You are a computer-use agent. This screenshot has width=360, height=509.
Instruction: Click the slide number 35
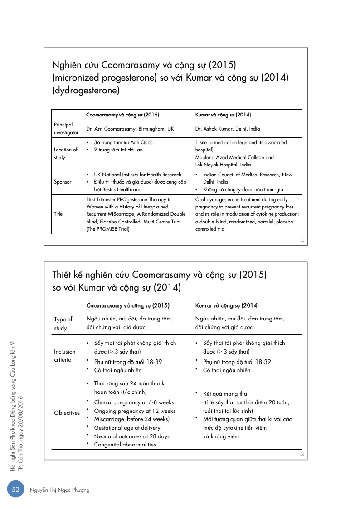point(302,240)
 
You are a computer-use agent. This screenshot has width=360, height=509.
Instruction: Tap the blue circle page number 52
point(15,490)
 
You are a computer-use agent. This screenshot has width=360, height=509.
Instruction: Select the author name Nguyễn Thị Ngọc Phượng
point(59,490)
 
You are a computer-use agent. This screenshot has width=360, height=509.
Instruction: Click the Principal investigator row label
point(66,129)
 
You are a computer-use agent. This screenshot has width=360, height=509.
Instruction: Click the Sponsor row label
point(63,182)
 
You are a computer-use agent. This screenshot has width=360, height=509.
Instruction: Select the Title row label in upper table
point(58,214)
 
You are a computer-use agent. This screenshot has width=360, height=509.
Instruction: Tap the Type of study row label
point(63,324)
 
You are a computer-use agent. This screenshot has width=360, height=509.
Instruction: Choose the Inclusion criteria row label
point(65,355)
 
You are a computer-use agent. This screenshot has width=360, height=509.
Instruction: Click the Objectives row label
point(67,413)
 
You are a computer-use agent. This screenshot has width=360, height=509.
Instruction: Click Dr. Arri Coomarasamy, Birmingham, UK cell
point(130,129)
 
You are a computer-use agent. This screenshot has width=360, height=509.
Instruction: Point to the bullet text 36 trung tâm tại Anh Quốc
point(123,142)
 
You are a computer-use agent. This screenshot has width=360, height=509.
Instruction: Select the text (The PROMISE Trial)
point(108,229)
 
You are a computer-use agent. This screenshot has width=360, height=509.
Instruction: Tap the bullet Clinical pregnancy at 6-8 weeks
point(134,402)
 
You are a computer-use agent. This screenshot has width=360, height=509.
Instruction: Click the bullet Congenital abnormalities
point(125,445)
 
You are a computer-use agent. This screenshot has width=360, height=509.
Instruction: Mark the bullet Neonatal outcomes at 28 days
point(131,436)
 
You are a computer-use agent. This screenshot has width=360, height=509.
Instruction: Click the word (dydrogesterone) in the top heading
point(86,90)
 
